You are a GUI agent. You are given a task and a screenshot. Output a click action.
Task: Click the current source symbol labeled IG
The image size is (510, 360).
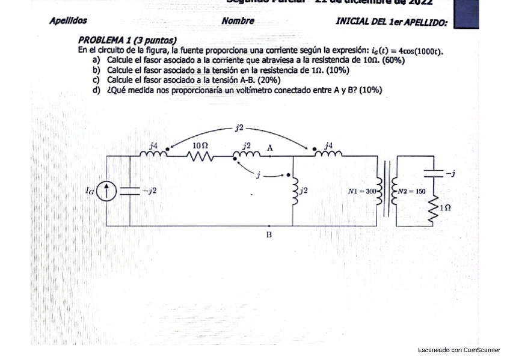(107, 191)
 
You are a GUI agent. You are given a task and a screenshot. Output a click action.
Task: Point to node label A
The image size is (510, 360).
(269, 147)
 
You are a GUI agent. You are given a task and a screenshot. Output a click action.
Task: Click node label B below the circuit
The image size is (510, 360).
(269, 235)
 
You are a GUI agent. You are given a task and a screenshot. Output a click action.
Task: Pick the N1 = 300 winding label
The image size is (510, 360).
(361, 191)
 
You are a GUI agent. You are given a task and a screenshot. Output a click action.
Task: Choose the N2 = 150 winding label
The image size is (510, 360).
(412, 191)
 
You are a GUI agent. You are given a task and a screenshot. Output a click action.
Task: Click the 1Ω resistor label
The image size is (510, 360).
(445, 207)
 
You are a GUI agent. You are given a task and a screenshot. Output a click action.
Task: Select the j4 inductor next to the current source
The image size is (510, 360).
(153, 154)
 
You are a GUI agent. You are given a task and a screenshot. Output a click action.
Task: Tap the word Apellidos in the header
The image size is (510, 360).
(68, 20)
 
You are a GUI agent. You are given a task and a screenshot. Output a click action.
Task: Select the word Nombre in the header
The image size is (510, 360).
(238, 20)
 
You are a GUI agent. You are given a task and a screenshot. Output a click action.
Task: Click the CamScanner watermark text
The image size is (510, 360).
(459, 350)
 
